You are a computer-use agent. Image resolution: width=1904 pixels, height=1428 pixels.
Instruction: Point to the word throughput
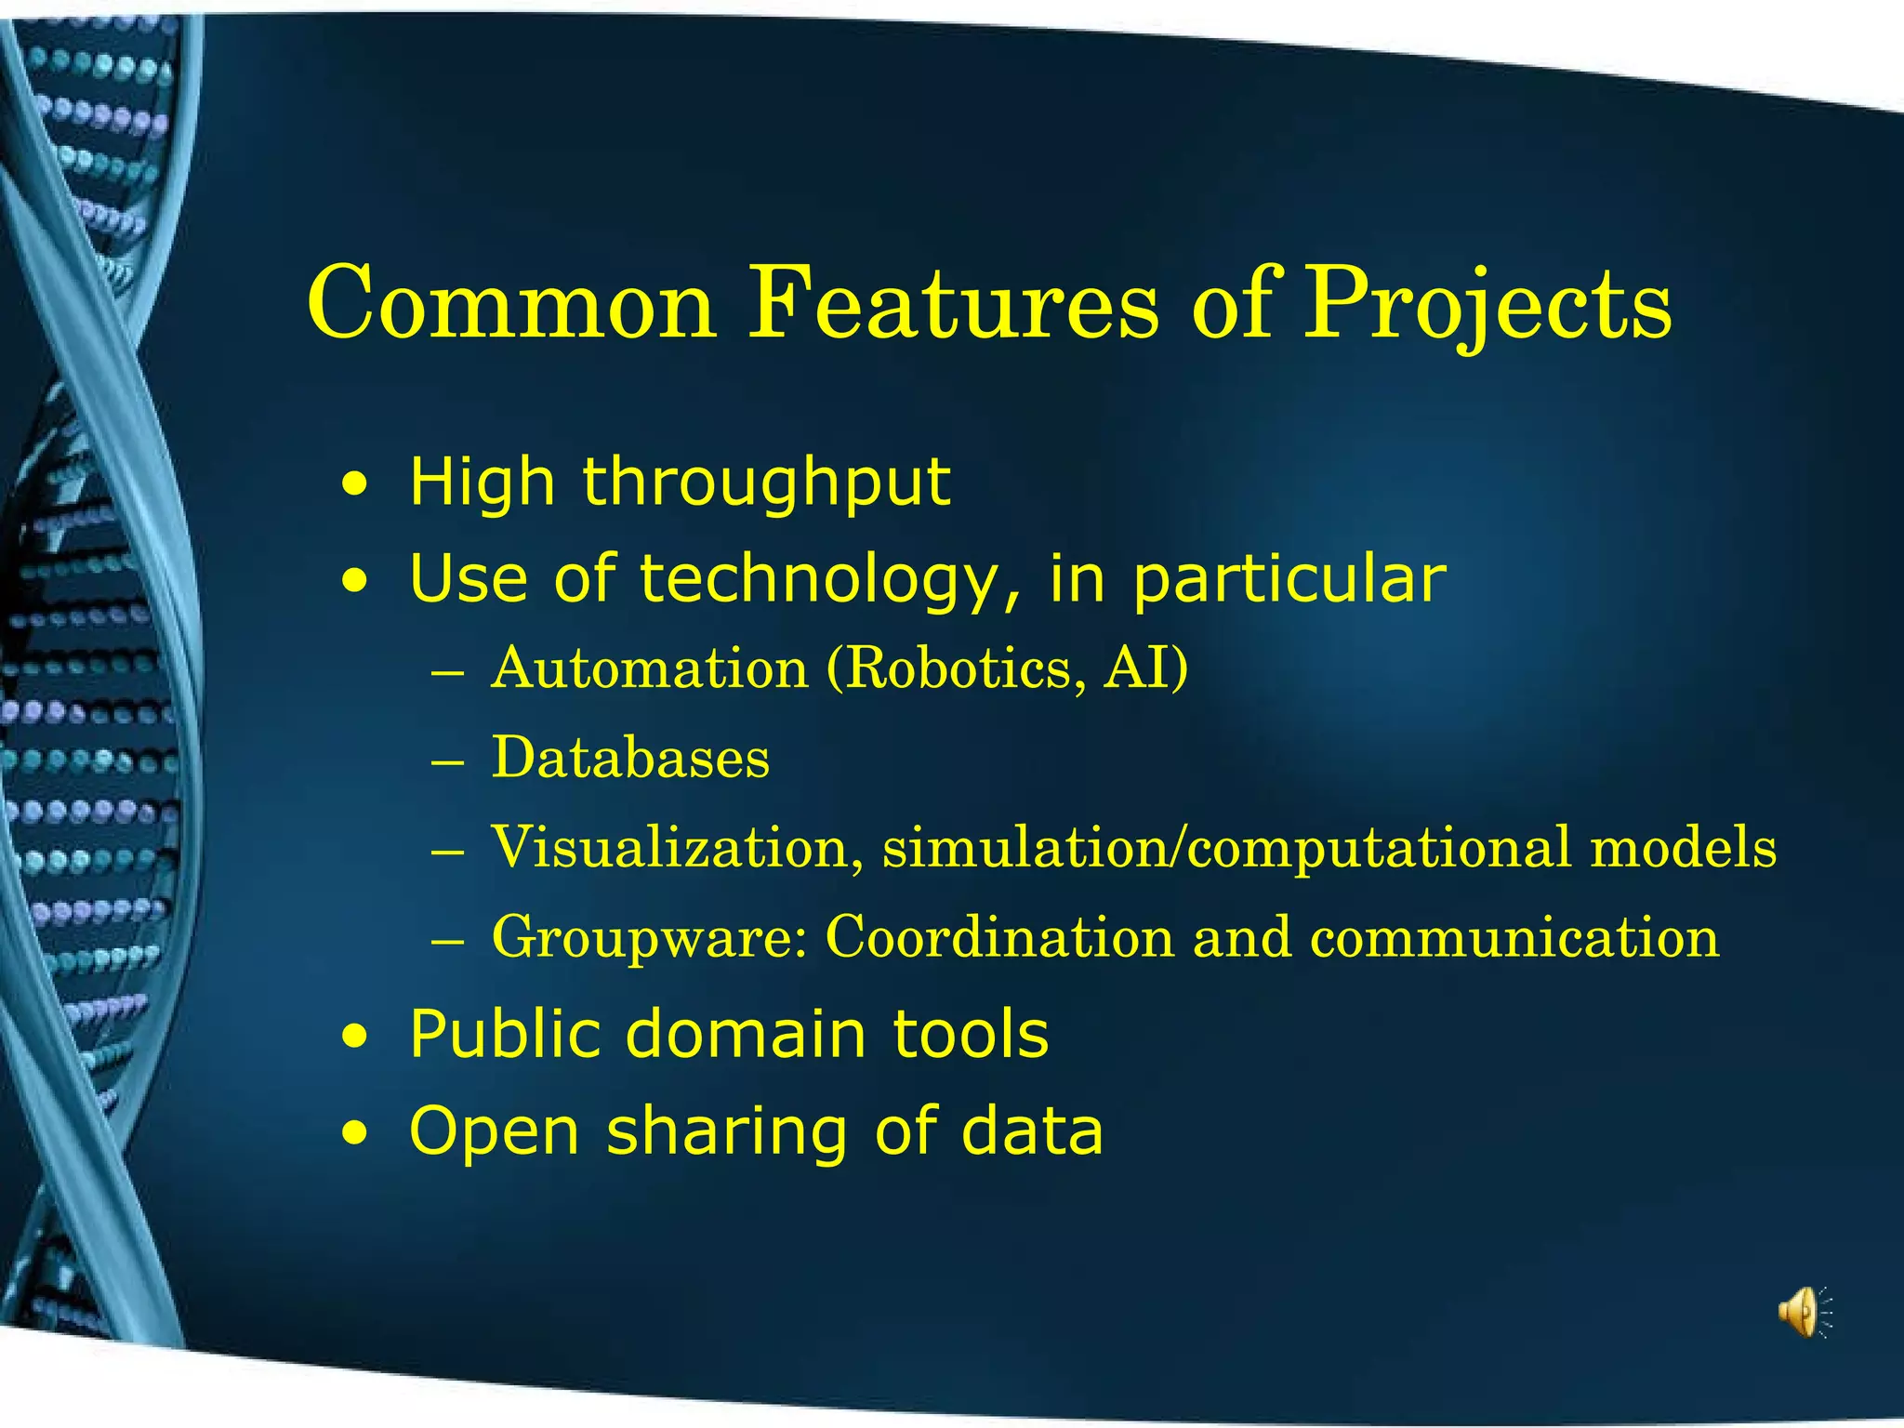pyautogui.click(x=766, y=483)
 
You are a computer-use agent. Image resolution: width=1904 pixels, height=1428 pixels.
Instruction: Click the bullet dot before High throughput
pyautogui.click(x=353, y=484)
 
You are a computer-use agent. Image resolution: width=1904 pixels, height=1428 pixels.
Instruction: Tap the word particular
pyautogui.click(x=1289, y=579)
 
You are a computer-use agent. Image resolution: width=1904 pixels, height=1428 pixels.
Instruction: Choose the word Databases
pyautogui.click(x=630, y=758)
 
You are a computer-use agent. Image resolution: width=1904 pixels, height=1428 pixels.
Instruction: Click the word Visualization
pyautogui.click(x=677, y=847)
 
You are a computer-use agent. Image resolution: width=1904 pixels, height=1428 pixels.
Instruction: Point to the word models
pyautogui.click(x=1683, y=847)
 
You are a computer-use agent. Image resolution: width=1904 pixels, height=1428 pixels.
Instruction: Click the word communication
pyautogui.click(x=1514, y=937)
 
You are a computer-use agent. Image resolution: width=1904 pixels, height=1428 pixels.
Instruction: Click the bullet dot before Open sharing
pyautogui.click(x=353, y=1133)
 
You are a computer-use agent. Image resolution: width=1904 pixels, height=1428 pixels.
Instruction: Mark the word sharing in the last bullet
pyautogui.click(x=727, y=1131)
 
